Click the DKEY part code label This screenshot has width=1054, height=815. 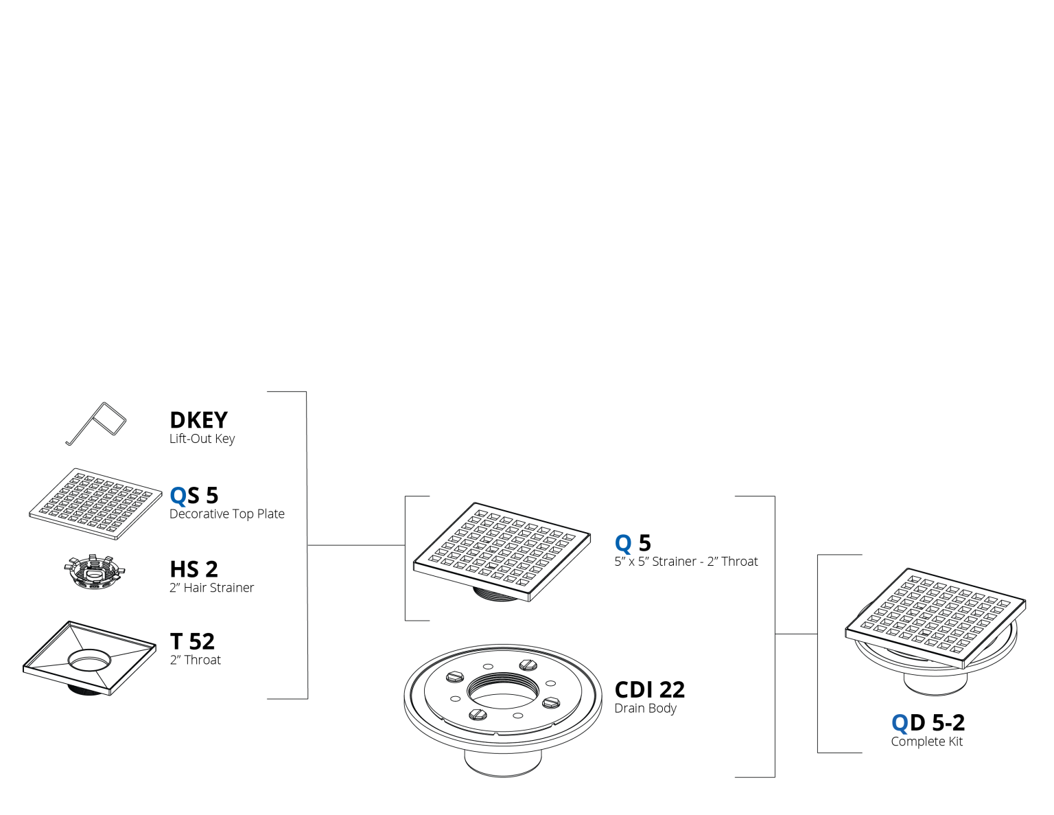198,420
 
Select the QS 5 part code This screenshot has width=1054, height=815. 194,495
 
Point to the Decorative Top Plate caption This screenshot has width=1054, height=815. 227,514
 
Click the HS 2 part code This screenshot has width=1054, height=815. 194,569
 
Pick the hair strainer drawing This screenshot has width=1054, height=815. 95,572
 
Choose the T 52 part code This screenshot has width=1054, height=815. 192,641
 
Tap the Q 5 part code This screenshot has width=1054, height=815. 633,543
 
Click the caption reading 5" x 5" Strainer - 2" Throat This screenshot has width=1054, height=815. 686,561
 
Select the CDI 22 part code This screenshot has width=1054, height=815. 649,690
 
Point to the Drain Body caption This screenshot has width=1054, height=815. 645,709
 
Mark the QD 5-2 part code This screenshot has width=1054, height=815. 928,723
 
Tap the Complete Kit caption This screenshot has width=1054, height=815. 926,742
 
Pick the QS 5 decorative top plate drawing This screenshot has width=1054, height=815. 95,504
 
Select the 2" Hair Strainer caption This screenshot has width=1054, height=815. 211,588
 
